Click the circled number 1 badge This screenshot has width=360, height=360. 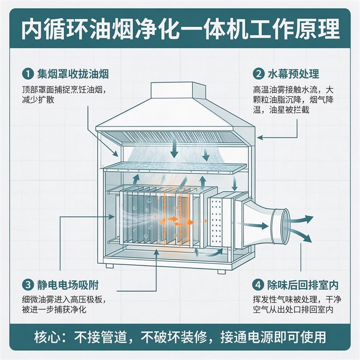point(28,74)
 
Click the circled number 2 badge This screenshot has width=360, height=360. point(259,74)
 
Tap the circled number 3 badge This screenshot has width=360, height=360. point(28,285)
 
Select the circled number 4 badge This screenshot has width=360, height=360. point(258,285)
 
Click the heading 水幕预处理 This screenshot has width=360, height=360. point(294,74)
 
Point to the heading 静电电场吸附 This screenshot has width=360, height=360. point(68,285)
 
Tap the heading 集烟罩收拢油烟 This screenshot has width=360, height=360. point(73,74)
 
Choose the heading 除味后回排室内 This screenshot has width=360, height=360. point(303,285)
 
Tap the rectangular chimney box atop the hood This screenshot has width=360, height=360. point(177,90)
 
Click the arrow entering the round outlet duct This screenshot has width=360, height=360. point(253,225)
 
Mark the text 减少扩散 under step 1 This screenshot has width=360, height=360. point(38,100)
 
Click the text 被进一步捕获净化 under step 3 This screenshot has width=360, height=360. point(54,310)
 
